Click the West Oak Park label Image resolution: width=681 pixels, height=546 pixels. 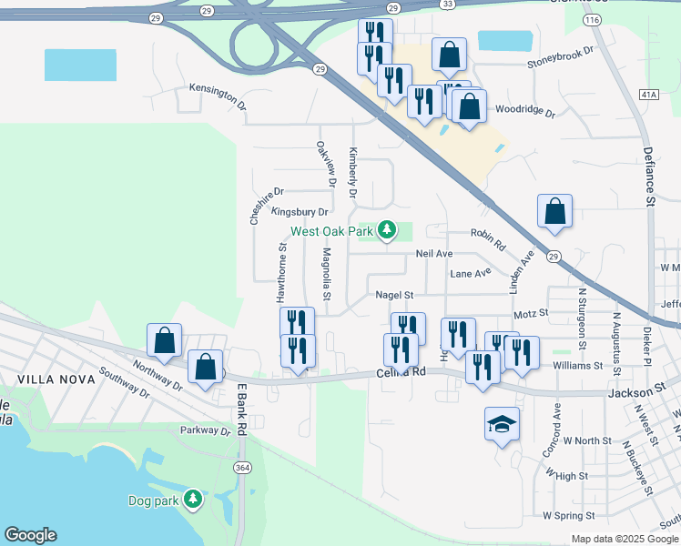[332, 231]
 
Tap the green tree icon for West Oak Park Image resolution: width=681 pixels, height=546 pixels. [387, 229]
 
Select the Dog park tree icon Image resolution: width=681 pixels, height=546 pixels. [193, 499]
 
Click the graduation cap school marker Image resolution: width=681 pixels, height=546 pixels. [502, 424]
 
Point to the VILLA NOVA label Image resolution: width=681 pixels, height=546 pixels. [43, 376]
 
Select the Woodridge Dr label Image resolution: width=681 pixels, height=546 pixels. [524, 110]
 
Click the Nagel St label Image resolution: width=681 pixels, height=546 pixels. [394, 295]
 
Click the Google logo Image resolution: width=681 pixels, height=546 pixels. [30, 535]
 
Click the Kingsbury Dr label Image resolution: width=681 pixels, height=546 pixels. [300, 212]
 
